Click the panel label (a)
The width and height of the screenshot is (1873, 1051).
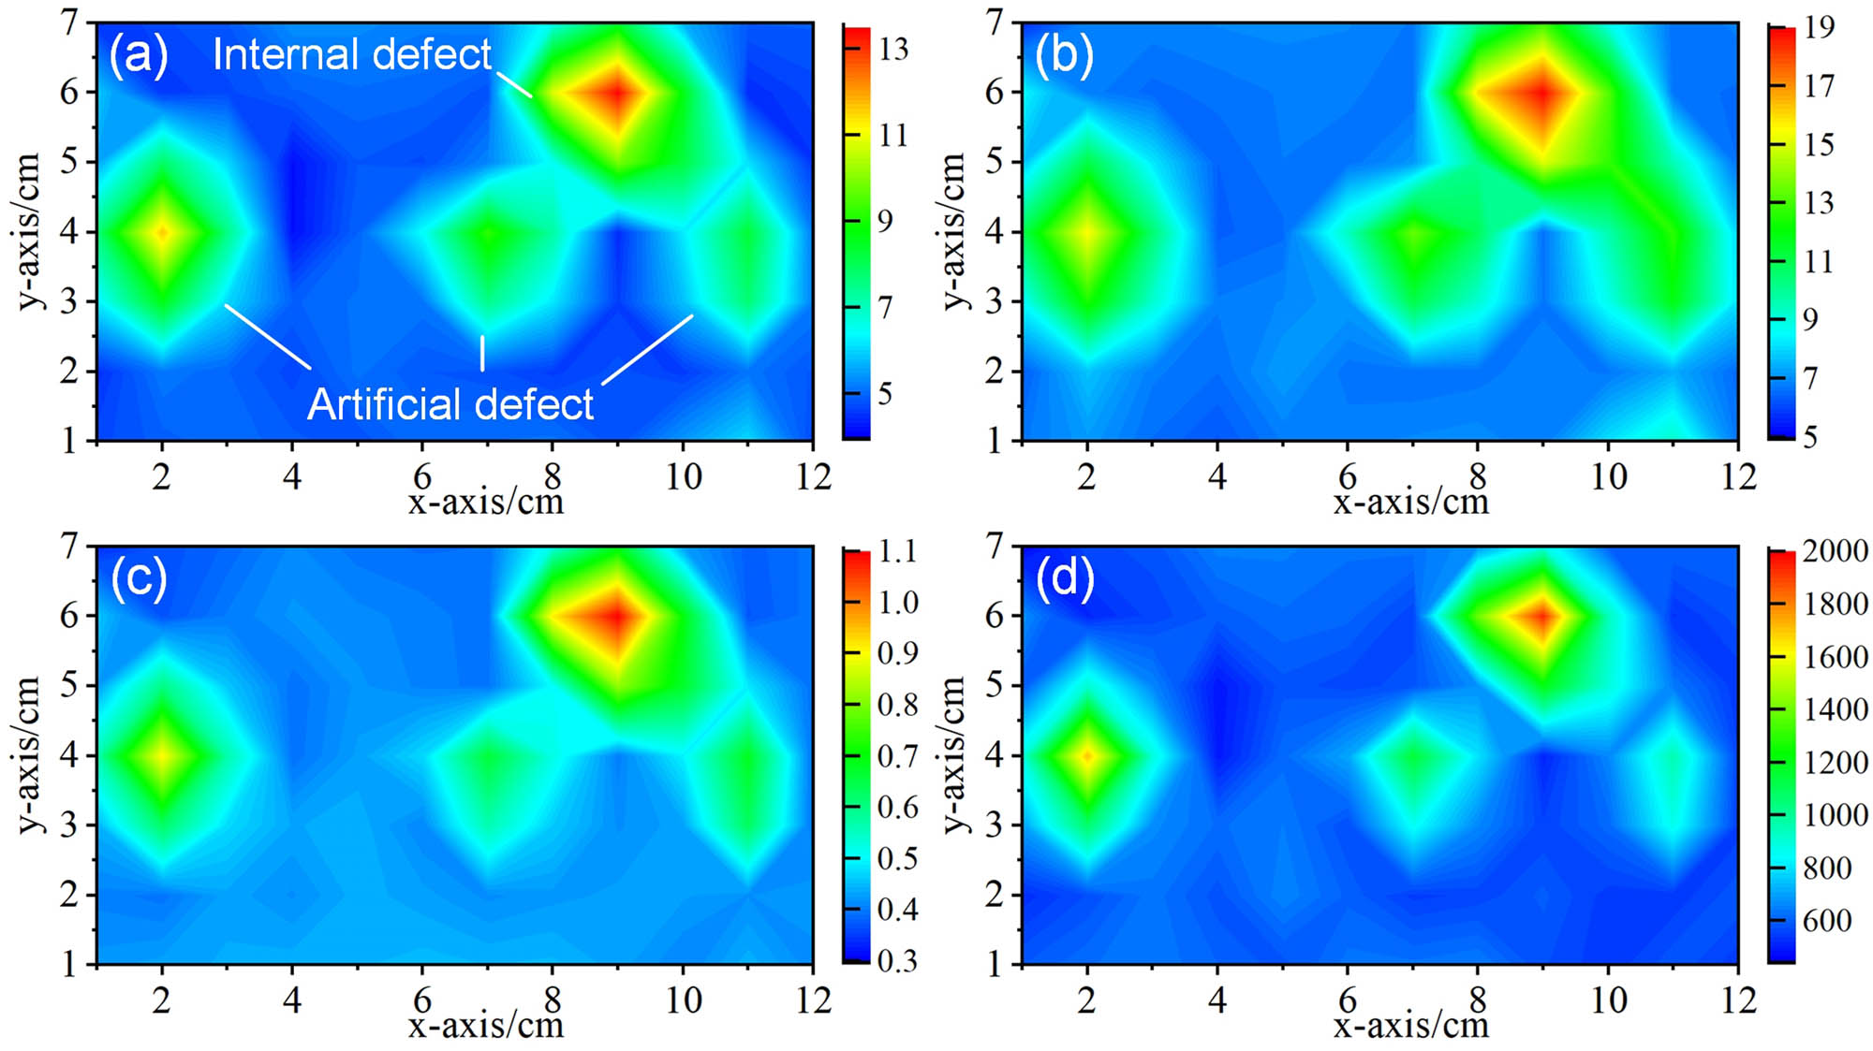click(x=139, y=55)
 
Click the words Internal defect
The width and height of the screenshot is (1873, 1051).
click(x=351, y=54)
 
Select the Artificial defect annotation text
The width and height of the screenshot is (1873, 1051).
click(x=450, y=404)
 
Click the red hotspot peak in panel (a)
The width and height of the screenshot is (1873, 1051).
click(x=616, y=93)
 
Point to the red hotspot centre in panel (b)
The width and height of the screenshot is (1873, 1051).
click(x=1541, y=93)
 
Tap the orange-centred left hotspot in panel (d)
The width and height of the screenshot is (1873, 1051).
click(x=1087, y=755)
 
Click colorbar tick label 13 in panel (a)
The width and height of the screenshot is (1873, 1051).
click(x=892, y=49)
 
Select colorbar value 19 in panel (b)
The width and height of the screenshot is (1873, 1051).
click(x=1819, y=27)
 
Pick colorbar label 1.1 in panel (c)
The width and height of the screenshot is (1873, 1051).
click(x=897, y=551)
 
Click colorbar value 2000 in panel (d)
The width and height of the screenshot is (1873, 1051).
click(x=1835, y=551)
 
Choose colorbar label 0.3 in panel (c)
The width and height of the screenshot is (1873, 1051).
click(x=897, y=961)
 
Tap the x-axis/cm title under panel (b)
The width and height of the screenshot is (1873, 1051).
click(x=1410, y=503)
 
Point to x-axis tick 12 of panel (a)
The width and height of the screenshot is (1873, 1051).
click(x=813, y=477)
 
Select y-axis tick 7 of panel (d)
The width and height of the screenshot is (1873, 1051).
click(x=995, y=545)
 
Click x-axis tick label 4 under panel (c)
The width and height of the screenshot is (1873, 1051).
click(x=291, y=1000)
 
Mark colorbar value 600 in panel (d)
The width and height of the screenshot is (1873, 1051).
click(x=1826, y=920)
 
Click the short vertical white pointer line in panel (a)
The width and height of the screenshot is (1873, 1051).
click(x=482, y=353)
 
